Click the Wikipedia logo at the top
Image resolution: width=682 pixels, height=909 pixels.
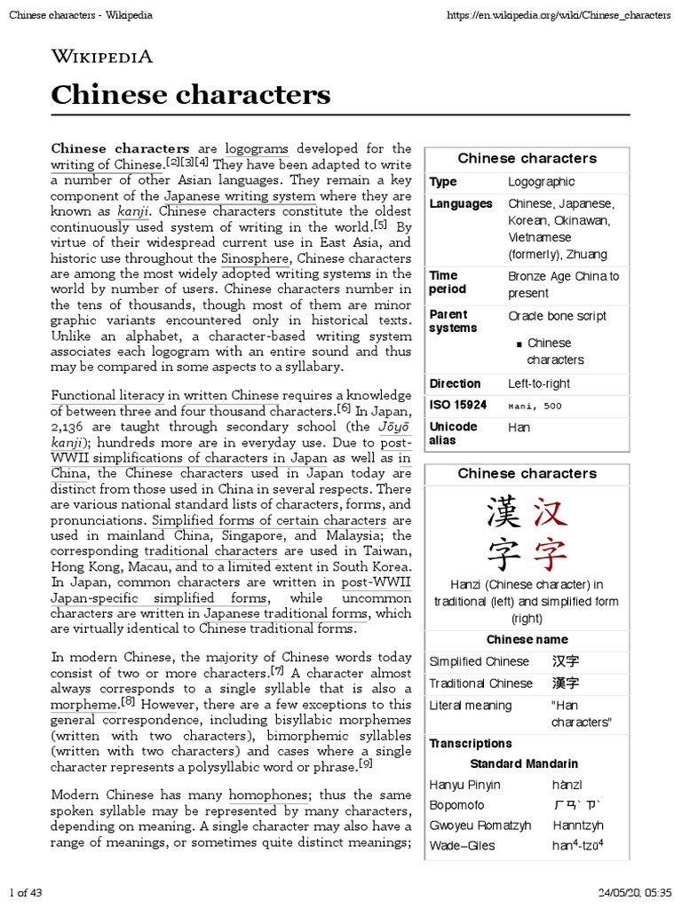pyautogui.click(x=102, y=57)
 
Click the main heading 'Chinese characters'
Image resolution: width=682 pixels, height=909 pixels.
pyautogui.click(x=190, y=94)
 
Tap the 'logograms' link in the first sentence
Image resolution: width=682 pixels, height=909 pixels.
pyautogui.click(x=258, y=148)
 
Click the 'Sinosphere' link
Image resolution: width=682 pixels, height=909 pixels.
pyautogui.click(x=256, y=258)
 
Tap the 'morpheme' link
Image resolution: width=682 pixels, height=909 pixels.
pyautogui.click(x=85, y=704)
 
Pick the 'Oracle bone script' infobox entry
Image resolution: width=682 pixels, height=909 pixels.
pyautogui.click(x=558, y=316)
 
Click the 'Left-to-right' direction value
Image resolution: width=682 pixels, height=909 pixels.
pyautogui.click(x=539, y=383)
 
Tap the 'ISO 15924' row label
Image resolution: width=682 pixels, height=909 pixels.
pyautogui.click(x=458, y=406)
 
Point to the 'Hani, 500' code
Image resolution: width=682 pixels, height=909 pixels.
pyautogui.click(x=535, y=407)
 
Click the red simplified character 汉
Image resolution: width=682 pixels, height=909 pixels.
pyautogui.click(x=550, y=512)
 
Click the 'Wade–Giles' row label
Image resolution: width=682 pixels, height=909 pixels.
pyautogui.click(x=462, y=846)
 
